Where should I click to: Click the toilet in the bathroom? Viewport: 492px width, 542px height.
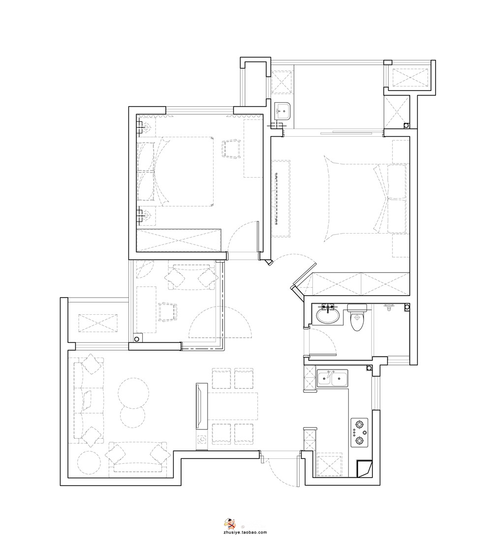pyautogui.click(x=357, y=317)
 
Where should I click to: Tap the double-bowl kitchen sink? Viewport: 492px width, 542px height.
pyautogui.click(x=332, y=378)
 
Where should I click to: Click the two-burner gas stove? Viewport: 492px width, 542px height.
pyautogui.click(x=360, y=432)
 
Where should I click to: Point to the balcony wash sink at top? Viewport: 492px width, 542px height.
pyautogui.click(x=283, y=111)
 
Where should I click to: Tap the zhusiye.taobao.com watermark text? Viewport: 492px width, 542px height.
pyautogui.click(x=246, y=532)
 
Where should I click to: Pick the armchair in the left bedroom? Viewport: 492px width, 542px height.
pyautogui.click(x=231, y=149)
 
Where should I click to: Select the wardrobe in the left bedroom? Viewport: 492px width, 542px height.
pyautogui.click(x=179, y=240)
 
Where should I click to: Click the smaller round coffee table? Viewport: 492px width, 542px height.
pyautogui.click(x=132, y=417)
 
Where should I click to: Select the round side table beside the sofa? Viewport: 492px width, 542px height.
pyautogui.click(x=89, y=462)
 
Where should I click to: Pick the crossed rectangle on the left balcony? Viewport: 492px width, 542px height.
pyautogui.click(x=98, y=323)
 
